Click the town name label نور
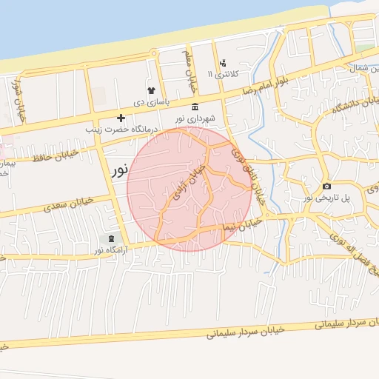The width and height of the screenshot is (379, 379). [x=118, y=170]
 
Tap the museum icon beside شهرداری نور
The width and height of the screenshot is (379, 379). [x=195, y=107]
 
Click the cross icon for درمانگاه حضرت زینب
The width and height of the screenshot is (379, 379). [x=121, y=118]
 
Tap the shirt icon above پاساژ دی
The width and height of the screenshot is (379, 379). [x=151, y=90]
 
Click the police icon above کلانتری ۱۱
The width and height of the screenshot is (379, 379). [x=223, y=63]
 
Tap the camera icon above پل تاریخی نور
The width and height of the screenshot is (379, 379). [x=326, y=186]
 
